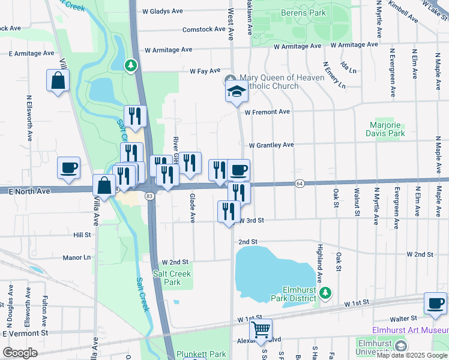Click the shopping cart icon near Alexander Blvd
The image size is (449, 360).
tap(261, 329)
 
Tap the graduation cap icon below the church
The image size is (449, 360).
tap(237, 92)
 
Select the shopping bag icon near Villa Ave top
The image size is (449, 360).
tap(58, 81)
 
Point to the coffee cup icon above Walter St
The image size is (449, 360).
tap(435, 303)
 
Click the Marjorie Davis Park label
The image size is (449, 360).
tap(387, 129)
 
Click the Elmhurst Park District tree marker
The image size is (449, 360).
tap(325, 293)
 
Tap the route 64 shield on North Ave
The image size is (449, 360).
tap(298, 183)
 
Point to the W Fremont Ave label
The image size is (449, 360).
tap(267, 112)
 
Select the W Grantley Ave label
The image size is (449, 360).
tap(271, 145)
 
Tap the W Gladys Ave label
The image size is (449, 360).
tap(162, 11)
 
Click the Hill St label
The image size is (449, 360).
tap(82, 235)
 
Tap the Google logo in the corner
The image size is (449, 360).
tap(20, 352)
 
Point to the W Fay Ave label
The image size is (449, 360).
tap(205, 71)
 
